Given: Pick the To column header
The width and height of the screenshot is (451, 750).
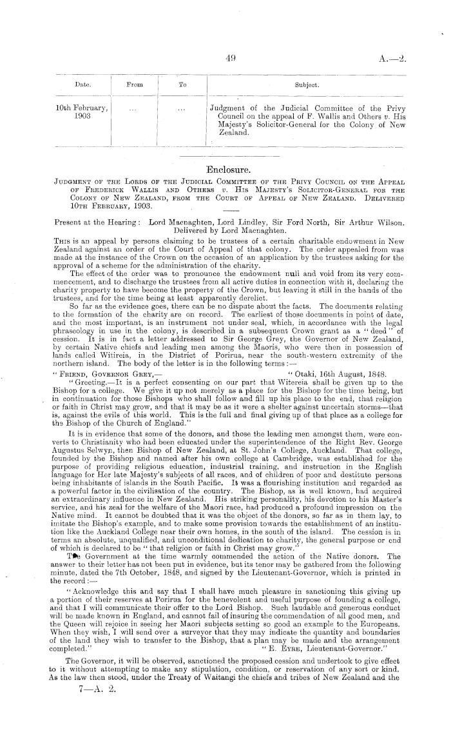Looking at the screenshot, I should point(183,84).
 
